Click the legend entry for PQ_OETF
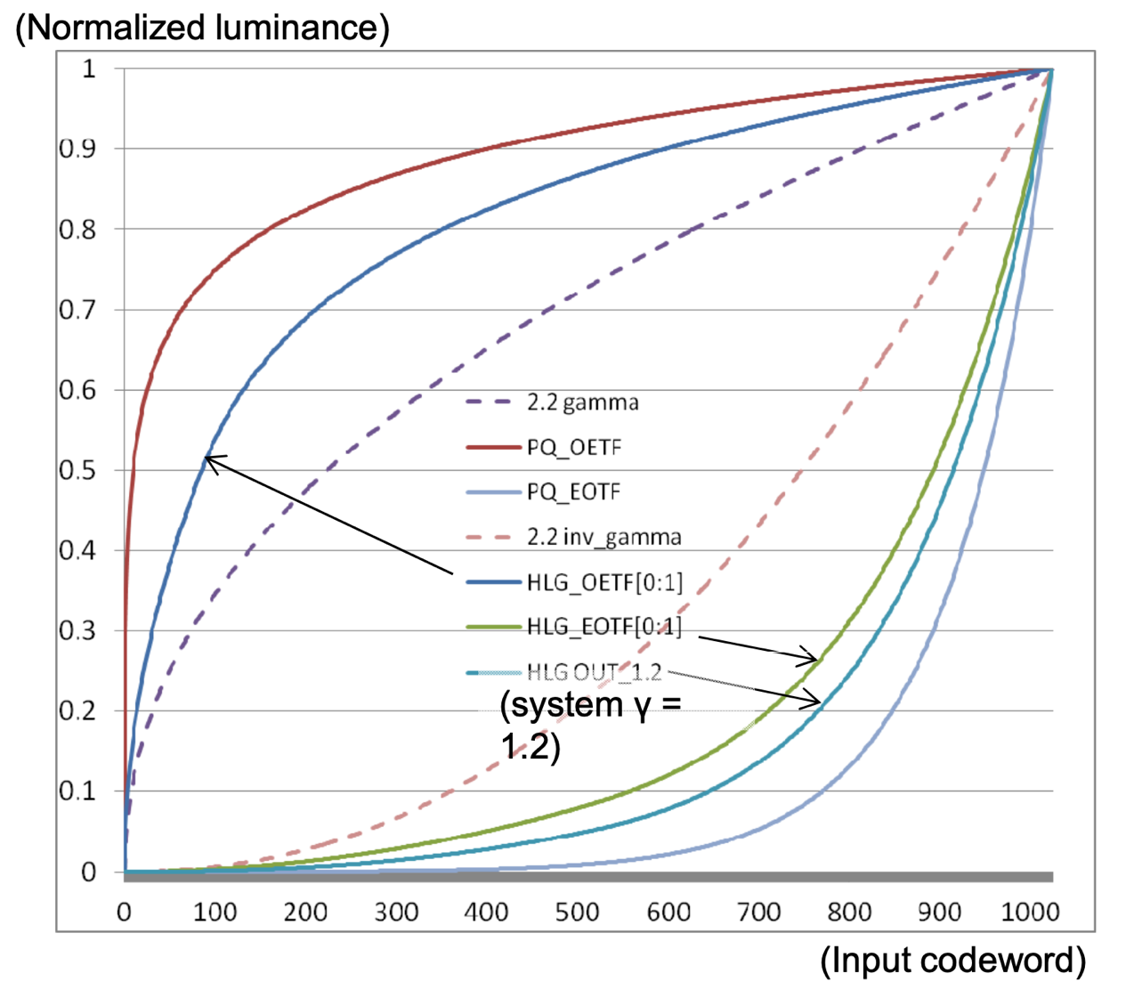point(573,447)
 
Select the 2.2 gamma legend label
point(582,402)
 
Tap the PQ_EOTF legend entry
point(573,492)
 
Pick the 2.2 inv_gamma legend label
point(603,537)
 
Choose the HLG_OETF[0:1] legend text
point(604,582)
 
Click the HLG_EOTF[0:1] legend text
point(603,627)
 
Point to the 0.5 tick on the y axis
point(77,470)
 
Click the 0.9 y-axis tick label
point(77,149)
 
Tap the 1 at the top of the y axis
point(88,69)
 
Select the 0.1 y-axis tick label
point(77,791)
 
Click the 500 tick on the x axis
point(577,912)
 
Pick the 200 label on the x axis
point(304,912)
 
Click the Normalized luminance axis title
point(202,28)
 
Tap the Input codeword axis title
point(952,961)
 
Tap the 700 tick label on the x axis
point(758,912)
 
